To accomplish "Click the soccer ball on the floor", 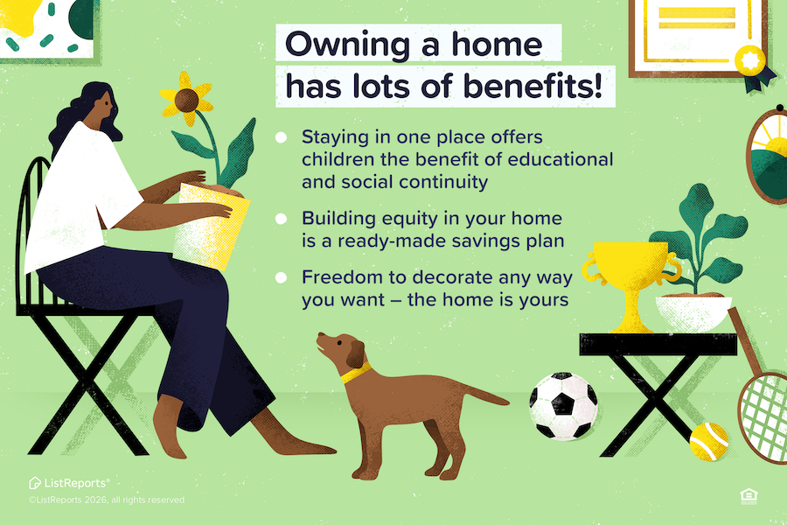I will click(564, 406).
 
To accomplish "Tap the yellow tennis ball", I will click(708, 441).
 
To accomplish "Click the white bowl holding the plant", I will click(693, 312).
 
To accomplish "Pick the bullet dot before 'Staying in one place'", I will click(281, 137).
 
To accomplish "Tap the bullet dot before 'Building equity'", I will click(281, 218).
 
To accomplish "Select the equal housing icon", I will click(748, 496).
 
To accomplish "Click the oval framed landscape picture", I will click(769, 157).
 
